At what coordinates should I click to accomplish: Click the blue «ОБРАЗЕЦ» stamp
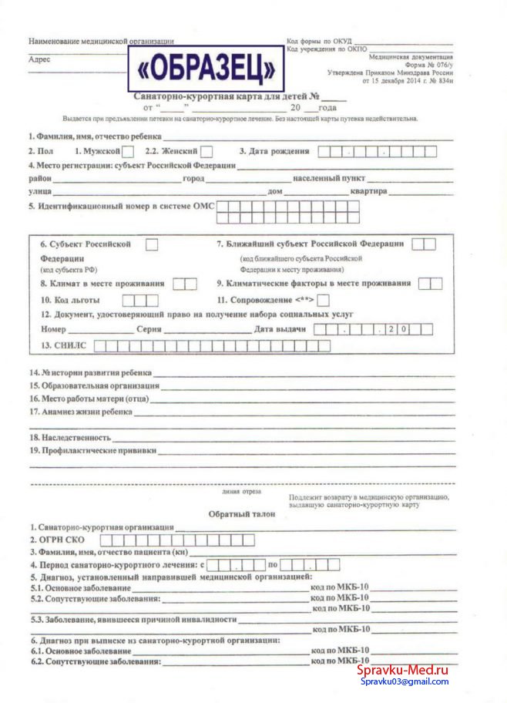(x=206, y=69)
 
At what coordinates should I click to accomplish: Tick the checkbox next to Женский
(x=206, y=152)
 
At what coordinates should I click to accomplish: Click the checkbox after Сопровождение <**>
(x=324, y=299)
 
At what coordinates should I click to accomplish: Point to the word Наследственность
(x=65, y=437)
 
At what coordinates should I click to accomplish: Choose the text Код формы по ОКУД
(x=320, y=41)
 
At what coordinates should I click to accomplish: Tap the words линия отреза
(x=241, y=491)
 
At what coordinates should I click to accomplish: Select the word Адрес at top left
(x=39, y=59)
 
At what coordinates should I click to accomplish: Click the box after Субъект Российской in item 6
(x=153, y=244)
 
